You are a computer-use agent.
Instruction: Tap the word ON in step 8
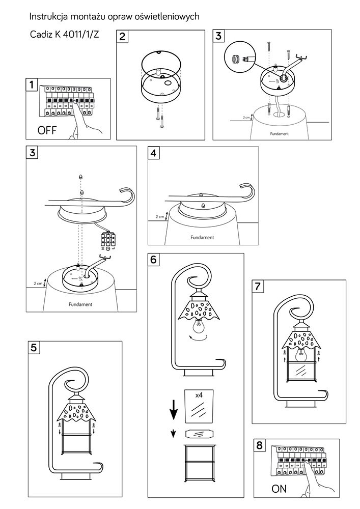tap(279, 489)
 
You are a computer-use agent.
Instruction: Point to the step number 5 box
tap(34, 348)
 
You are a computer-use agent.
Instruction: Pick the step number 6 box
tap(154, 259)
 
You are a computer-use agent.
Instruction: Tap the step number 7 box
tap(259, 287)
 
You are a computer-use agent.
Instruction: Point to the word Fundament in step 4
tap(202, 237)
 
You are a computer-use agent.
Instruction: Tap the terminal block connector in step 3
tap(108, 241)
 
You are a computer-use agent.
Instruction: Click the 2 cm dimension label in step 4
tap(159, 217)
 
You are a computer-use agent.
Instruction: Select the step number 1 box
tap(32, 84)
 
